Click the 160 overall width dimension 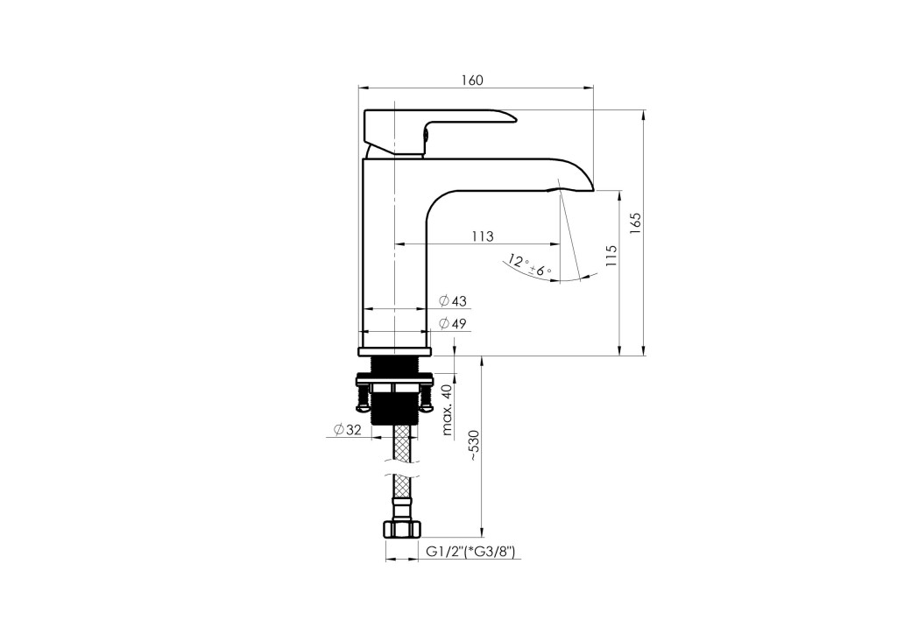pos(472,80)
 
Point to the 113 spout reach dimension pos(483,236)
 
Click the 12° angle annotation pos(517,263)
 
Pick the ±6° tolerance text pos(540,270)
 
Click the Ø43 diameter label pos(453,300)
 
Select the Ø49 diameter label pos(453,324)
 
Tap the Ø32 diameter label pos(347,430)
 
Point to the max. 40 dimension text pos(447,410)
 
